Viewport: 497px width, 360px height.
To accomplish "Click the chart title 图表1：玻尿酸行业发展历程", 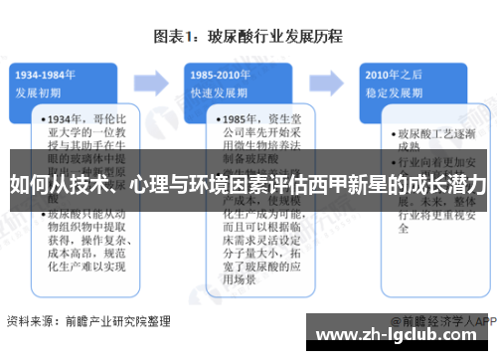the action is (248, 37).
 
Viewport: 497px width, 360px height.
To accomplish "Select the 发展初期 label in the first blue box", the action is (39, 90).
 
